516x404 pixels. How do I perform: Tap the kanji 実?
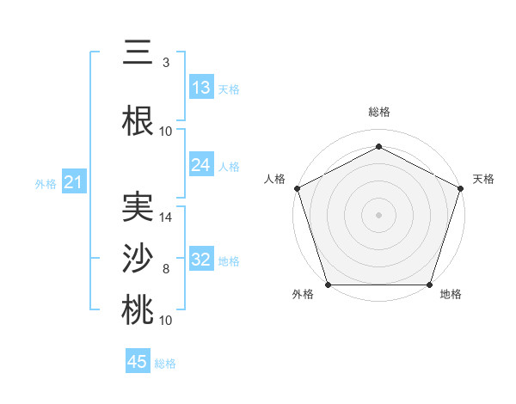138,207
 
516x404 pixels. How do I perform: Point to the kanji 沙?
138,259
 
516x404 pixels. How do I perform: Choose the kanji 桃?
138,310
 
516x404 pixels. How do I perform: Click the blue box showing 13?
200,88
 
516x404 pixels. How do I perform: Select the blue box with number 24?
200,165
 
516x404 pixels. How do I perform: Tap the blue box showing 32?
200,260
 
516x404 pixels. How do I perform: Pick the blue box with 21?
73,182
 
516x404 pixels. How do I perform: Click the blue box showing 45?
138,362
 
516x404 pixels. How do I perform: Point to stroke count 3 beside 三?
165,63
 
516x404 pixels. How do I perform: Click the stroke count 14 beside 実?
166,217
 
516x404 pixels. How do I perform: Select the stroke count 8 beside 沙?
165,269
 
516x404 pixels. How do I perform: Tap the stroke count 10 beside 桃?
166,321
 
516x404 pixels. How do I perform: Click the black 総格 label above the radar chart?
378,112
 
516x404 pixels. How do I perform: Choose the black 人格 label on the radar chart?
275,179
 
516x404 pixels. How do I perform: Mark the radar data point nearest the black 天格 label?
461,187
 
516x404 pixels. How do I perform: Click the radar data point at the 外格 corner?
328,285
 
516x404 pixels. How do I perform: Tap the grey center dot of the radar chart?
378,214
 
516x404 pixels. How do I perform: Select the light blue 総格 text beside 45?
165,363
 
